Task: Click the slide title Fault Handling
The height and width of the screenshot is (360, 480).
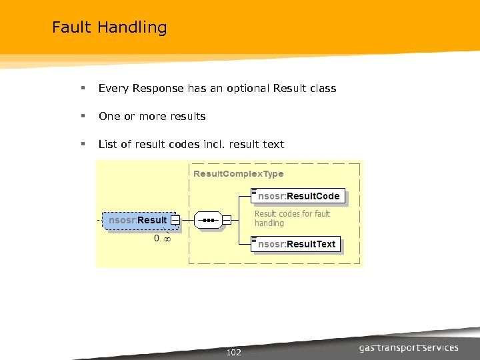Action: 109,27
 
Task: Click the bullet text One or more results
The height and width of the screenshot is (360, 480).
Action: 152,116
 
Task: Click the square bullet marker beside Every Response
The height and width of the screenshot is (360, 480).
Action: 82,88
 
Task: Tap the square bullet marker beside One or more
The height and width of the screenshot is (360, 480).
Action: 82,116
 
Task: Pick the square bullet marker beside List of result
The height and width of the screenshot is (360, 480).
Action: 82,144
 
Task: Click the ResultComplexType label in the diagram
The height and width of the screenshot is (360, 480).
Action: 238,173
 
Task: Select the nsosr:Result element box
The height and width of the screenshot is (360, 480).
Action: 138,220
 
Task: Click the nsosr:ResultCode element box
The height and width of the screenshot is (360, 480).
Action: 299,196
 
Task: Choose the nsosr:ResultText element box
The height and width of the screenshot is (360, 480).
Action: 297,244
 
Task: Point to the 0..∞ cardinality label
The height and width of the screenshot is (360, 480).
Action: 162,238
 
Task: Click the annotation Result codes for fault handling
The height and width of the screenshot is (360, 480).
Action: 292,219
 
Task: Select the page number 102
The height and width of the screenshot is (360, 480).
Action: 234,352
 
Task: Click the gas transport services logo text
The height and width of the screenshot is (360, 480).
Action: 409,347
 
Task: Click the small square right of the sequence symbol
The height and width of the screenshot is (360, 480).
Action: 227,219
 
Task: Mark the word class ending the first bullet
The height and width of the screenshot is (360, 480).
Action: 323,88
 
